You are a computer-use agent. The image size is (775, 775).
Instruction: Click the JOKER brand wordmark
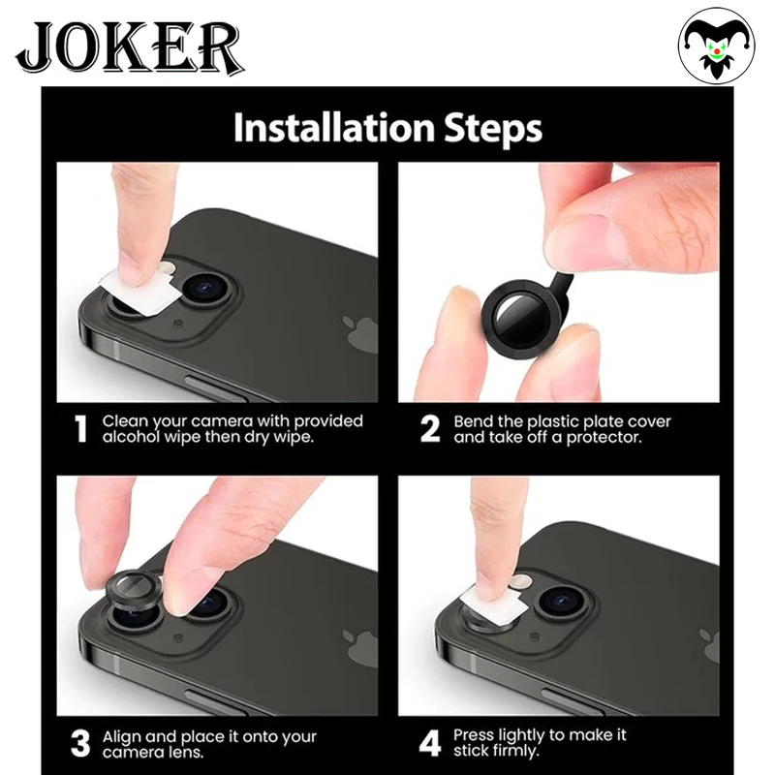click(x=130, y=46)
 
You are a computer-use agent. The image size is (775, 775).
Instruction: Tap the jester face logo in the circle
click(x=716, y=46)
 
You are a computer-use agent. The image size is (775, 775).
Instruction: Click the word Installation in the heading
click(x=333, y=127)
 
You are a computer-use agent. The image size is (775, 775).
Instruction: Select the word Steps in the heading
click(x=493, y=129)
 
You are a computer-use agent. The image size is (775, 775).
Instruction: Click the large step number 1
click(x=80, y=428)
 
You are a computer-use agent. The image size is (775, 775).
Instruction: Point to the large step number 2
click(x=429, y=428)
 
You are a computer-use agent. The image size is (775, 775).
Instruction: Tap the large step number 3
click(x=80, y=743)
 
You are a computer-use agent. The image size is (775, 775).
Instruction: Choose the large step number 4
click(x=429, y=743)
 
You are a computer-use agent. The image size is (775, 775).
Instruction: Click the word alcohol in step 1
click(x=131, y=437)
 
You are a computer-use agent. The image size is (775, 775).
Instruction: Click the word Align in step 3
click(x=122, y=737)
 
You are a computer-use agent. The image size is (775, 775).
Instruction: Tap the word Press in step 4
click(x=474, y=735)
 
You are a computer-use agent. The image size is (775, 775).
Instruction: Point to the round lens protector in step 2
click(x=522, y=316)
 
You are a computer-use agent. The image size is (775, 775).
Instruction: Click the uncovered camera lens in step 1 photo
click(x=207, y=290)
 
